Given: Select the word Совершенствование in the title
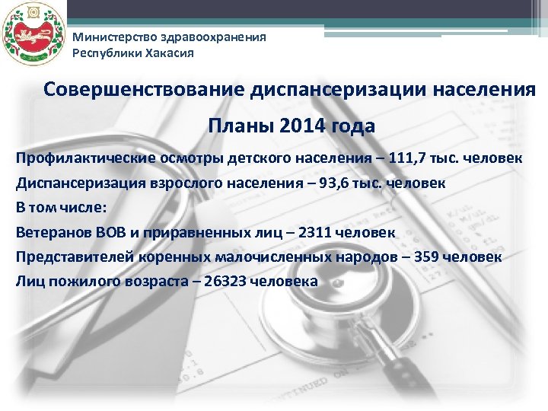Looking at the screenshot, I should pyautogui.click(x=142, y=89).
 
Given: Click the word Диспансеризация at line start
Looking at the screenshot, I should pyautogui.click(x=68, y=183).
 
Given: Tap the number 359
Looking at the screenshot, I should pyautogui.click(x=434, y=256).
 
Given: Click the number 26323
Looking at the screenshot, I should pyautogui.click(x=231, y=281).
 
